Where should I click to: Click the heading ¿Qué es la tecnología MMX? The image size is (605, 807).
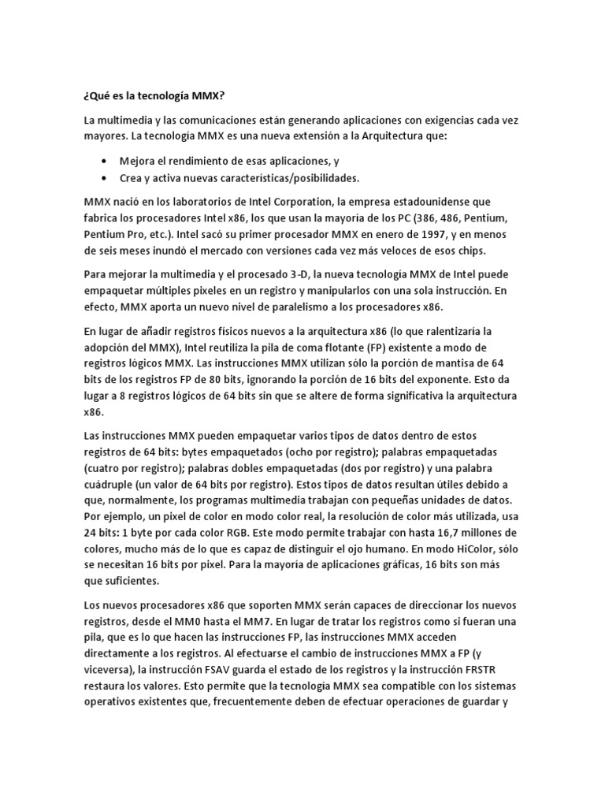coord(154,96)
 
